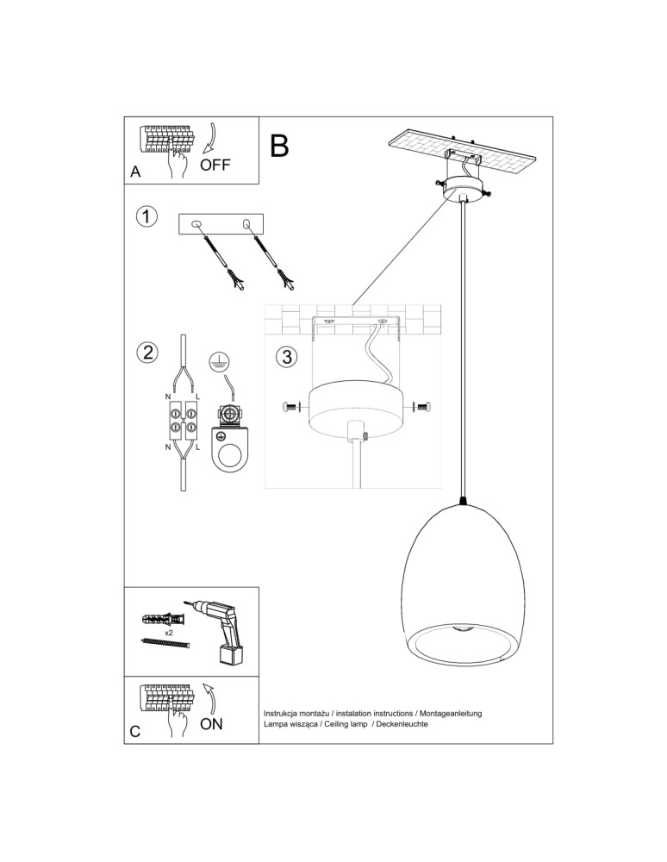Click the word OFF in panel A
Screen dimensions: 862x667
(215, 165)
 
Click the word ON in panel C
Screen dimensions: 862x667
(211, 724)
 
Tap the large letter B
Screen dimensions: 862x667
(278, 147)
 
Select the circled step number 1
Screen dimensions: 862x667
(148, 216)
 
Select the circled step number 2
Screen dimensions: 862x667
(148, 352)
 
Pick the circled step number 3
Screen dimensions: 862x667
(287, 356)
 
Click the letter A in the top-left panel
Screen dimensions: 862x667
(135, 172)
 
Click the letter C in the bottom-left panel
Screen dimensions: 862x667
(135, 732)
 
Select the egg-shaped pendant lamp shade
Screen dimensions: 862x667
(464, 586)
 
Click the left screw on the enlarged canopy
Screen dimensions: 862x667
(290, 407)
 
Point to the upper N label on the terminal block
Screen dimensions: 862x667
(168, 397)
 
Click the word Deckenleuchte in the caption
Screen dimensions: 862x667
(402, 725)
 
